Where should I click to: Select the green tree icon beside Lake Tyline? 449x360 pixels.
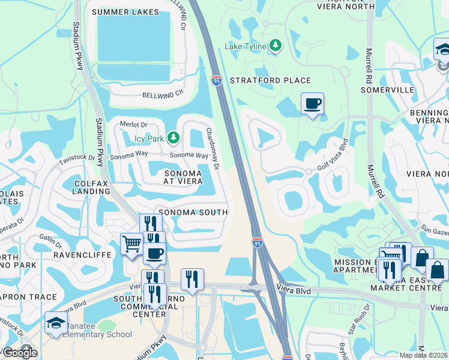(x=276, y=46)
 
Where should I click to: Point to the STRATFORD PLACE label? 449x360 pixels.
(x=270, y=80)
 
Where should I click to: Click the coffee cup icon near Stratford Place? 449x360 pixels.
(x=312, y=104)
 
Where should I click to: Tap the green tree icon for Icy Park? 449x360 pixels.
(x=173, y=139)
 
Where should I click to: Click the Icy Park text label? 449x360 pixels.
(x=149, y=139)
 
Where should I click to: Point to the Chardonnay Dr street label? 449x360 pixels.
(x=211, y=147)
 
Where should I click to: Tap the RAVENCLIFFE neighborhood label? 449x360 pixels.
(x=74, y=255)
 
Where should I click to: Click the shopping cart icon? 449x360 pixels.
(x=131, y=244)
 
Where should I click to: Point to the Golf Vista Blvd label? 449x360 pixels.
(x=332, y=155)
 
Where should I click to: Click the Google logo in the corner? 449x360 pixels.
(x=20, y=352)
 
